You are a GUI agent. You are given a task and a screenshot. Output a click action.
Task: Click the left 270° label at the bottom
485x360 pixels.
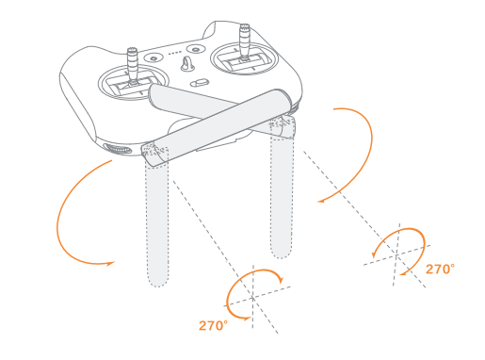tap(214, 325)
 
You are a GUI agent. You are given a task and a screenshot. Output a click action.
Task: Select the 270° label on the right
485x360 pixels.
tap(439, 269)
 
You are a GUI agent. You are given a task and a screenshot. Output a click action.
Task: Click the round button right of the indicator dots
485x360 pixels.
tap(195, 48)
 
